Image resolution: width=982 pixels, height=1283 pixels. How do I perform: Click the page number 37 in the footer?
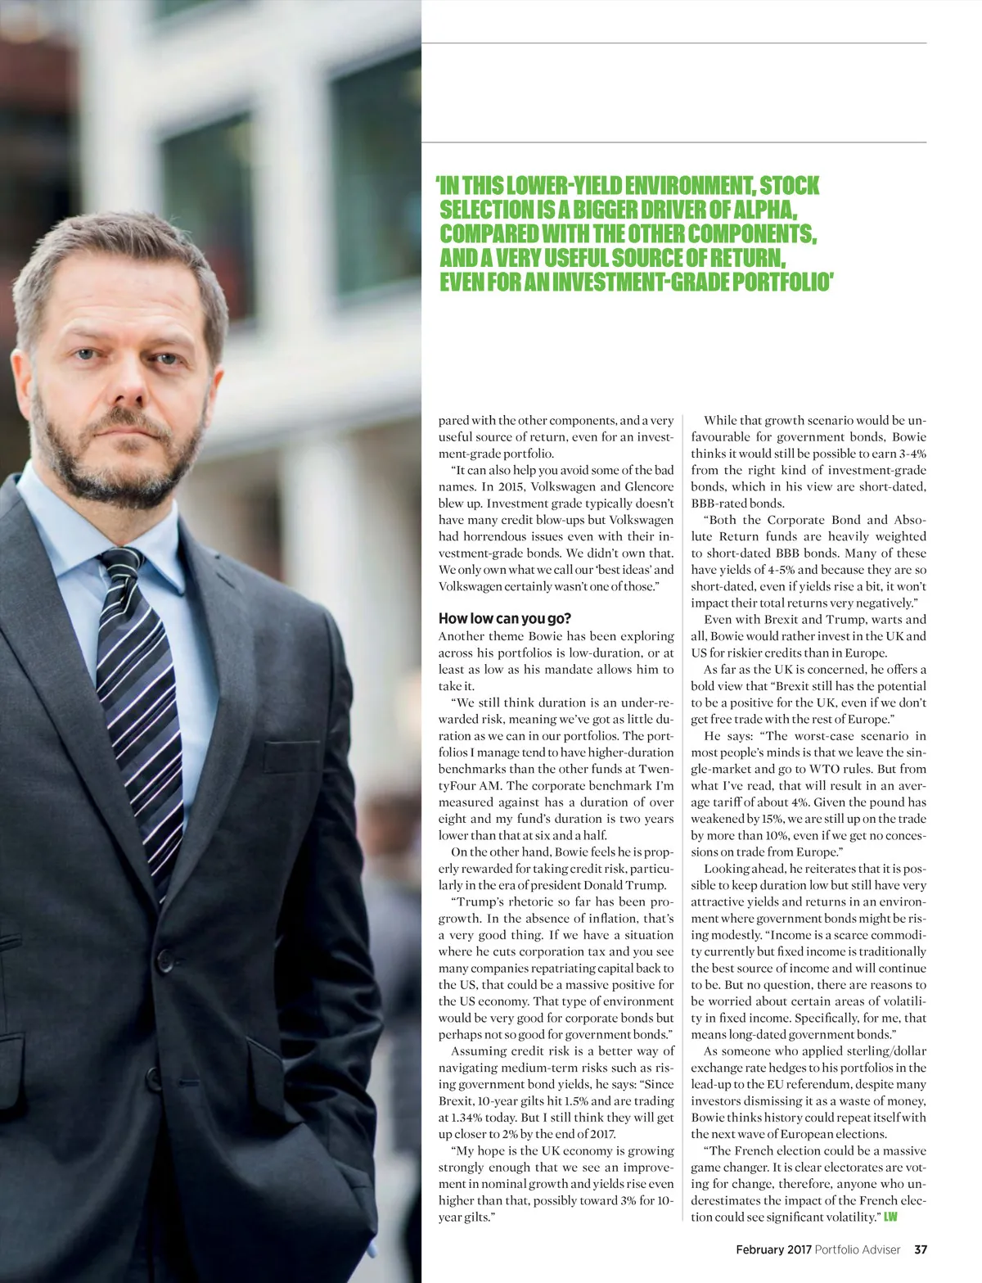point(921,1249)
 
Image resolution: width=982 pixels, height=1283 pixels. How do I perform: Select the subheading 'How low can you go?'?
point(504,618)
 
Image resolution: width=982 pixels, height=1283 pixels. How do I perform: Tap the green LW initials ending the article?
point(890,1217)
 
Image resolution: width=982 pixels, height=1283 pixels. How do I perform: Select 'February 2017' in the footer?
point(773,1249)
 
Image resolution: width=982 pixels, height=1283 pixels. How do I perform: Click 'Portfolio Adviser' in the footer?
point(857,1249)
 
